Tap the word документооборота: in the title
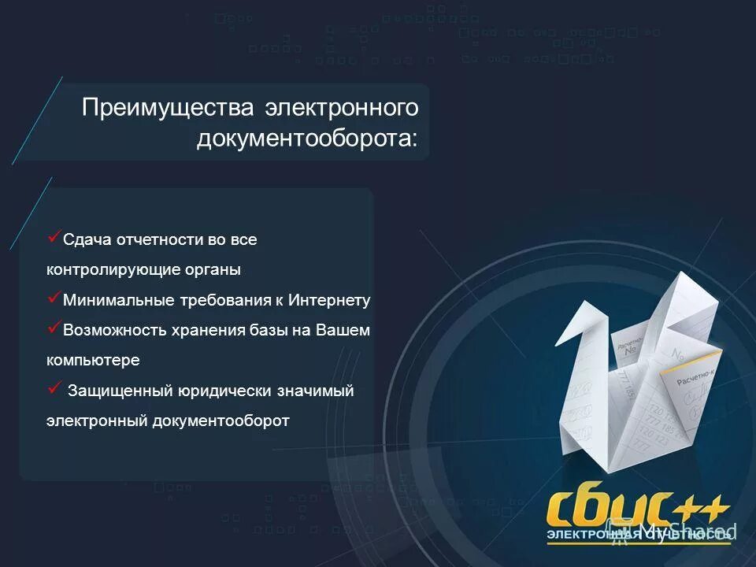[307, 139]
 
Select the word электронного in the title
[341, 108]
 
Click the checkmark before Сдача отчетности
[54, 235]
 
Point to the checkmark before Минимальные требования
[54, 297]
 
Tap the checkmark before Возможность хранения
[54, 327]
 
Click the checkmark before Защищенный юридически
[54, 387]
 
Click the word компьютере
[92, 360]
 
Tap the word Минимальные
[114, 300]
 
